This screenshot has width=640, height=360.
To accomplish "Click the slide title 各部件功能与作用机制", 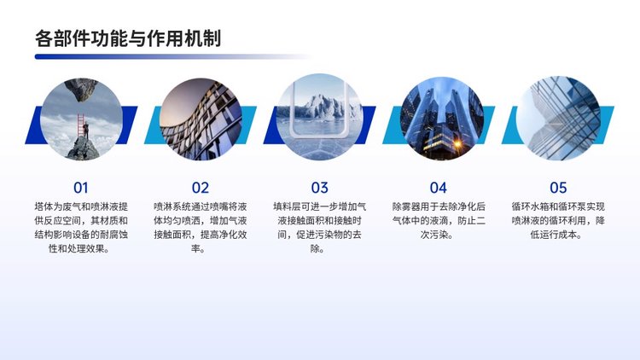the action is pos(128,38).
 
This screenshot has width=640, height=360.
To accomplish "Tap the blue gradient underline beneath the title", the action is pos(172,57).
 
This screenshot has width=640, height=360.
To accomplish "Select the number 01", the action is pos(81,188).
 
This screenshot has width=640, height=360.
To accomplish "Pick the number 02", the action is pos(201,188).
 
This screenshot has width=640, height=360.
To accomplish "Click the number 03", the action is pos(320,188).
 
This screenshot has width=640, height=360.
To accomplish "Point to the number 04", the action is pos(439,188).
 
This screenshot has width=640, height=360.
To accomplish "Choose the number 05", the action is pos(558,188).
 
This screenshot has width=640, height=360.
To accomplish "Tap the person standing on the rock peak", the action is pos(85,131).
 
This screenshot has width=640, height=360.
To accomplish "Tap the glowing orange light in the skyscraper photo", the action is pos(457,143).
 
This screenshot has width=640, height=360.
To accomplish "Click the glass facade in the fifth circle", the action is pos(558,119).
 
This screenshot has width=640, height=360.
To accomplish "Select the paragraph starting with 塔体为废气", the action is pos(81,228).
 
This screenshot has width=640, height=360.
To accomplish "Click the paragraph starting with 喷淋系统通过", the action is pos(201,228).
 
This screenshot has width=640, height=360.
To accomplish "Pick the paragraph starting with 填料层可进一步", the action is pos(320,228).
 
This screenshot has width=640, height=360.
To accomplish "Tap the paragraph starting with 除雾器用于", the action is pos(439,220).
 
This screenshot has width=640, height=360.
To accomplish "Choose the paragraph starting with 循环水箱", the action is pos(558,220).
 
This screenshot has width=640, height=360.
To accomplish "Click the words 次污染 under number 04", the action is pos(433,235).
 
